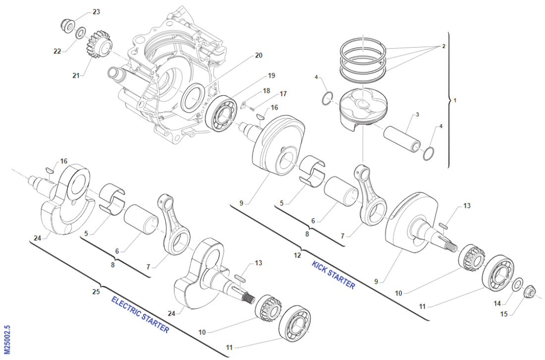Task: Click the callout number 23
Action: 96,11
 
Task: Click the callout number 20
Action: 259,56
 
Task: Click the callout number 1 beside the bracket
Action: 455,101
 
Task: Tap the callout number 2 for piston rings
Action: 443,46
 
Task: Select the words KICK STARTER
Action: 333,274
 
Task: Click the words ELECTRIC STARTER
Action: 140,314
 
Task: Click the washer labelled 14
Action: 516,284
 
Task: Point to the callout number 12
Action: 297,255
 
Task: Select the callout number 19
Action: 271,76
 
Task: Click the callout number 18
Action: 267,91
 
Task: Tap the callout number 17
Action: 283,94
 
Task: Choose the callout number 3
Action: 417,115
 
